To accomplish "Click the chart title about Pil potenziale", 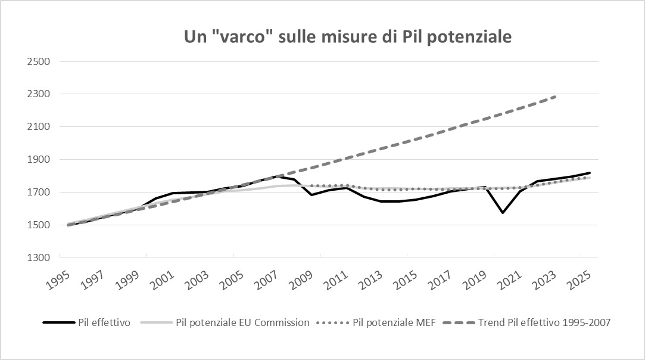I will pyautogui.click(x=347, y=37).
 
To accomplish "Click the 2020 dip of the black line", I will pyautogui.click(x=503, y=212).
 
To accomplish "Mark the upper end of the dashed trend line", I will pyautogui.click(x=556, y=96).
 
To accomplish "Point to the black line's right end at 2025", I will pyautogui.click(x=590, y=173).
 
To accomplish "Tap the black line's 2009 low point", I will pyautogui.click(x=311, y=195).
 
